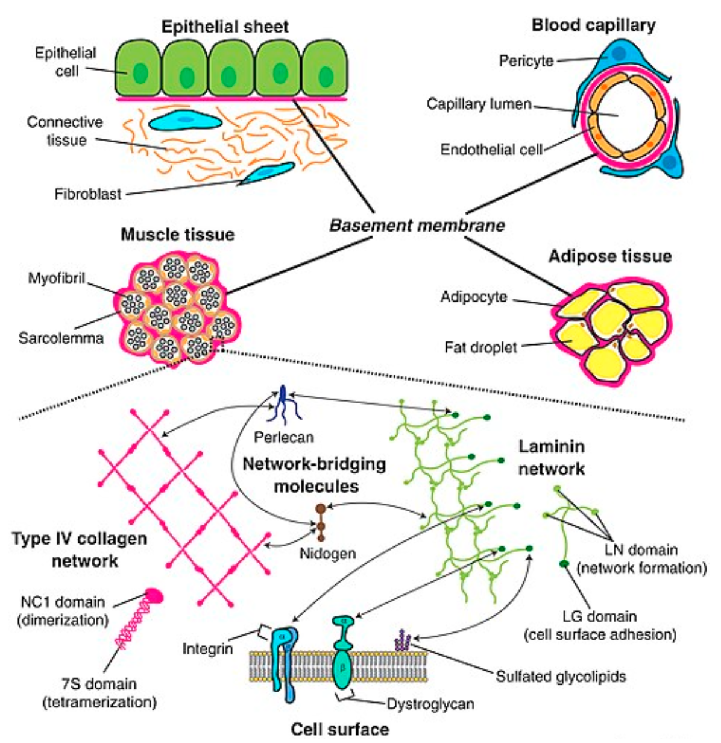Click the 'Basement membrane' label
click(417, 226)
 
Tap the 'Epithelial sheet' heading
click(225, 27)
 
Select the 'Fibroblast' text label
click(88, 194)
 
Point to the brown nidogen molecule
click(321, 522)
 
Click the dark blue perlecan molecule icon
click(283, 405)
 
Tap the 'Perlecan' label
click(284, 437)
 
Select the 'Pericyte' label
click(526, 61)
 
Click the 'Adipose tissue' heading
click(610, 256)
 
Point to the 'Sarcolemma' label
click(61, 338)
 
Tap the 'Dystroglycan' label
click(430, 704)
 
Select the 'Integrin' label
click(207, 649)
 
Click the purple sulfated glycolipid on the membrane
click(402, 640)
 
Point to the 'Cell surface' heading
click(339, 729)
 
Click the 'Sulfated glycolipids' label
click(561, 677)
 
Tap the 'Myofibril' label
click(57, 279)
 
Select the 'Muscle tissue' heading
click(177, 235)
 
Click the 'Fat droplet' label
click(481, 347)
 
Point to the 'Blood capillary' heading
click(594, 25)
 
